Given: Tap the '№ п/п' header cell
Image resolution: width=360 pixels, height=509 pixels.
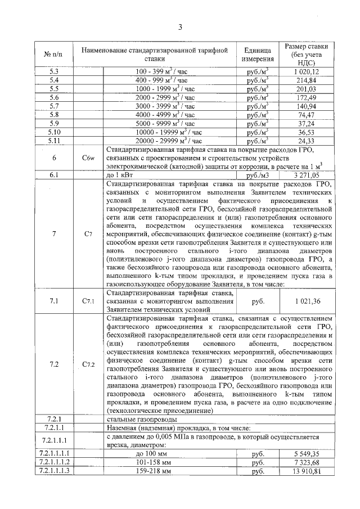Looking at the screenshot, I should (53, 54).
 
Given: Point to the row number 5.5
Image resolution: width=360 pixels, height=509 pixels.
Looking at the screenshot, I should (54, 88).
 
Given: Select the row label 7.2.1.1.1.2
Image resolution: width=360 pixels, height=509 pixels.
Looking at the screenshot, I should (54, 462).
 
